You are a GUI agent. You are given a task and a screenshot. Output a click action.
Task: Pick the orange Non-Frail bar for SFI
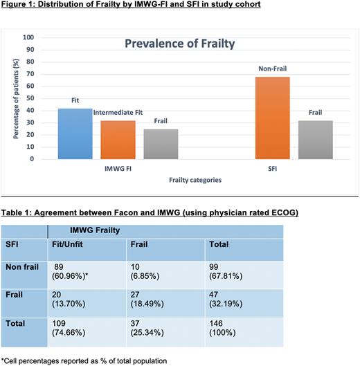(x=273, y=118)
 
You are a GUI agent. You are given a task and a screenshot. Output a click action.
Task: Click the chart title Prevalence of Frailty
(x=179, y=44)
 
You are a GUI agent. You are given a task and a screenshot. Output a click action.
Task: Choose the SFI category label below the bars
(x=294, y=167)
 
